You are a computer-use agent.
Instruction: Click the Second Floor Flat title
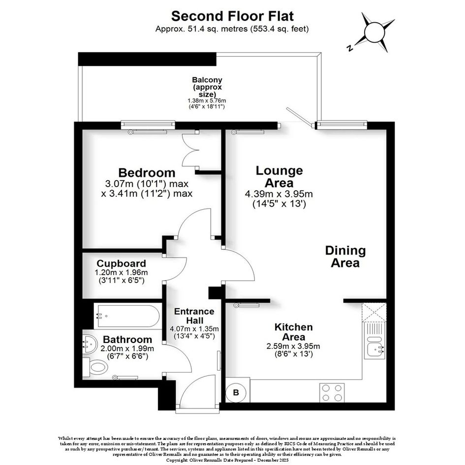pos(232,16)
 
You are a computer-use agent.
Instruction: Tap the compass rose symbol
pos(374,32)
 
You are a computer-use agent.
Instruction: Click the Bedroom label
pos(147,173)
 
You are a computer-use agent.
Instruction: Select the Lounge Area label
pos(279,177)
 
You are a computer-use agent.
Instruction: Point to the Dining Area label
pos(345,256)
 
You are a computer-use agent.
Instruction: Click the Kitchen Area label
pos(294,332)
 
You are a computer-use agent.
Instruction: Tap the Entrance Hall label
pos(194,315)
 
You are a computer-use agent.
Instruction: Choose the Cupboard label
pos(121,263)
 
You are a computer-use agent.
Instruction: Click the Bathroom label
pos(127,339)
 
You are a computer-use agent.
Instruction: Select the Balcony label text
pos(207,87)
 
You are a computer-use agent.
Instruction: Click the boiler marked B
pos(236,393)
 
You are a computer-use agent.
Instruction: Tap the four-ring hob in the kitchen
pos(332,393)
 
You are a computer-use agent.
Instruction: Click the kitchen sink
pos(375,341)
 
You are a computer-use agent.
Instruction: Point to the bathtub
pos(128,315)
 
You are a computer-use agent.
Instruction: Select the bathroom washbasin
pos(90,344)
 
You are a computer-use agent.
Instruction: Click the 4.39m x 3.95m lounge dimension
pos(279,194)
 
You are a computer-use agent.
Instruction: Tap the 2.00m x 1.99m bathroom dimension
pos(127,348)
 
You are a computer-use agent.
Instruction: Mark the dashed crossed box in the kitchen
pos(374,312)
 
